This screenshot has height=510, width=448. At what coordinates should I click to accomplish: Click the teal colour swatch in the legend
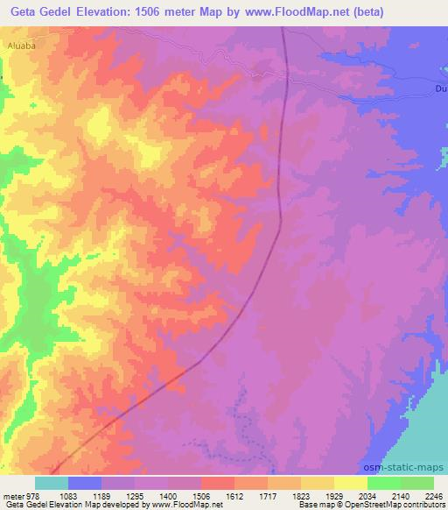click(x=52, y=483)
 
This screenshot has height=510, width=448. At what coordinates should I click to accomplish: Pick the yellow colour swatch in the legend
click(x=350, y=483)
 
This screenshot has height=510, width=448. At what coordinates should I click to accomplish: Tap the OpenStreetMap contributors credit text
click(x=391, y=505)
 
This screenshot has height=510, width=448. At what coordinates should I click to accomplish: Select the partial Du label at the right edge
click(x=441, y=89)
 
